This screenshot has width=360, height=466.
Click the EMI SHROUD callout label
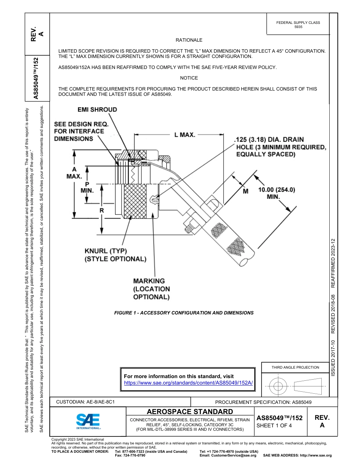pyautogui.click(x=97, y=110)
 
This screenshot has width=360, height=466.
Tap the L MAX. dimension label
pyautogui.click(x=185, y=134)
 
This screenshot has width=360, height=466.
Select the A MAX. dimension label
pyautogui.click(x=74, y=173)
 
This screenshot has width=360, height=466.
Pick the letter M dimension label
pyautogui.click(x=246, y=191)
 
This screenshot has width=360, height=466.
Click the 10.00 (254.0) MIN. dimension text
pyautogui.click(x=276, y=193)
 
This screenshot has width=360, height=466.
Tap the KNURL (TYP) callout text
pyautogui.click(x=105, y=251)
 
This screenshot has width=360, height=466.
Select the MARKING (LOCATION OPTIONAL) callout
pyautogui.click(x=151, y=289)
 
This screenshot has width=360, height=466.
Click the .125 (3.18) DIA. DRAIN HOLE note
pyautogui.click(x=280, y=147)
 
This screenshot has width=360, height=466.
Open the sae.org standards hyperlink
pyautogui.click(x=188, y=383)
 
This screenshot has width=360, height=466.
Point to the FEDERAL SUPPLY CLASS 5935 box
pyautogui.click(x=298, y=25)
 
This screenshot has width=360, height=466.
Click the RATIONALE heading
pyautogui.click(x=189, y=40)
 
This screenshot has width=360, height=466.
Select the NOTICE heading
pyautogui.click(x=189, y=78)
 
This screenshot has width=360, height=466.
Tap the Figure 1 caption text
pyautogui.click(x=184, y=313)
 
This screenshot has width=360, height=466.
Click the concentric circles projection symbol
pyautogui.click(x=278, y=386)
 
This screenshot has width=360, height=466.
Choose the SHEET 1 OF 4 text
pyautogui.click(x=274, y=425)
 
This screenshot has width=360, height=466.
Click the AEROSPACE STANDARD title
pyautogui.click(x=190, y=412)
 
